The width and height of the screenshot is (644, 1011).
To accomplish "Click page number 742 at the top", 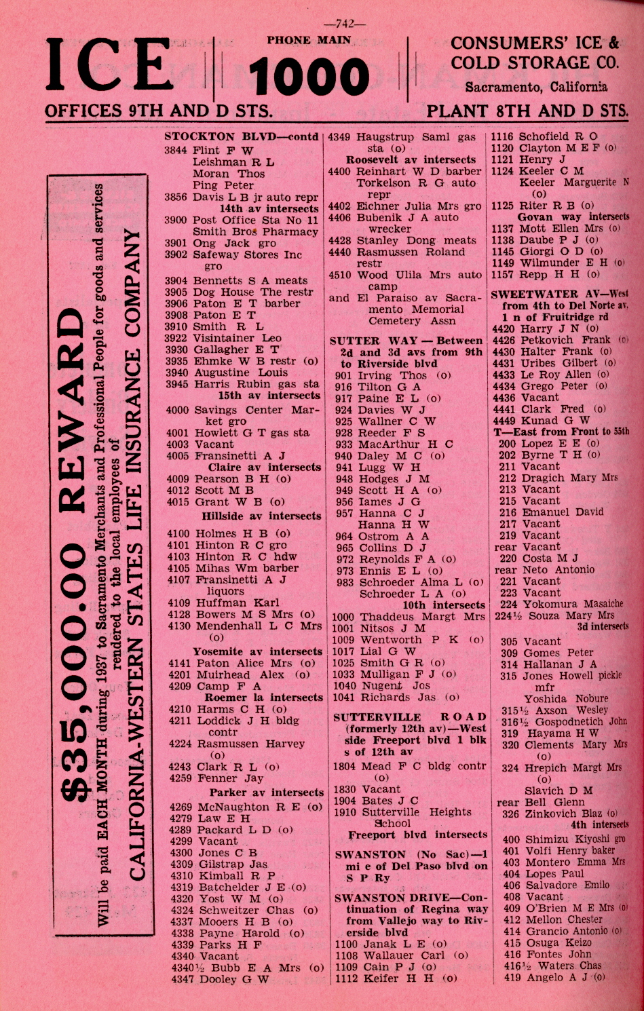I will point(345,24).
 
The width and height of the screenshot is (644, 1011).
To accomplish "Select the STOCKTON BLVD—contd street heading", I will point(242,136).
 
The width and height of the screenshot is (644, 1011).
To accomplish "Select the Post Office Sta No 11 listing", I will point(255,220).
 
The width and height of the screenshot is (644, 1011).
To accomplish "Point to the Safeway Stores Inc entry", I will point(248,254).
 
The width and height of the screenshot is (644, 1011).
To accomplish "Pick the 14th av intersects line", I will point(269,208).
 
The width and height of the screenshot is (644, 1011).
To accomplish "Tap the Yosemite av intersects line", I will point(257,651).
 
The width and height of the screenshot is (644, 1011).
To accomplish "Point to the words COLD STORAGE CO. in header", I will point(535,63).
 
